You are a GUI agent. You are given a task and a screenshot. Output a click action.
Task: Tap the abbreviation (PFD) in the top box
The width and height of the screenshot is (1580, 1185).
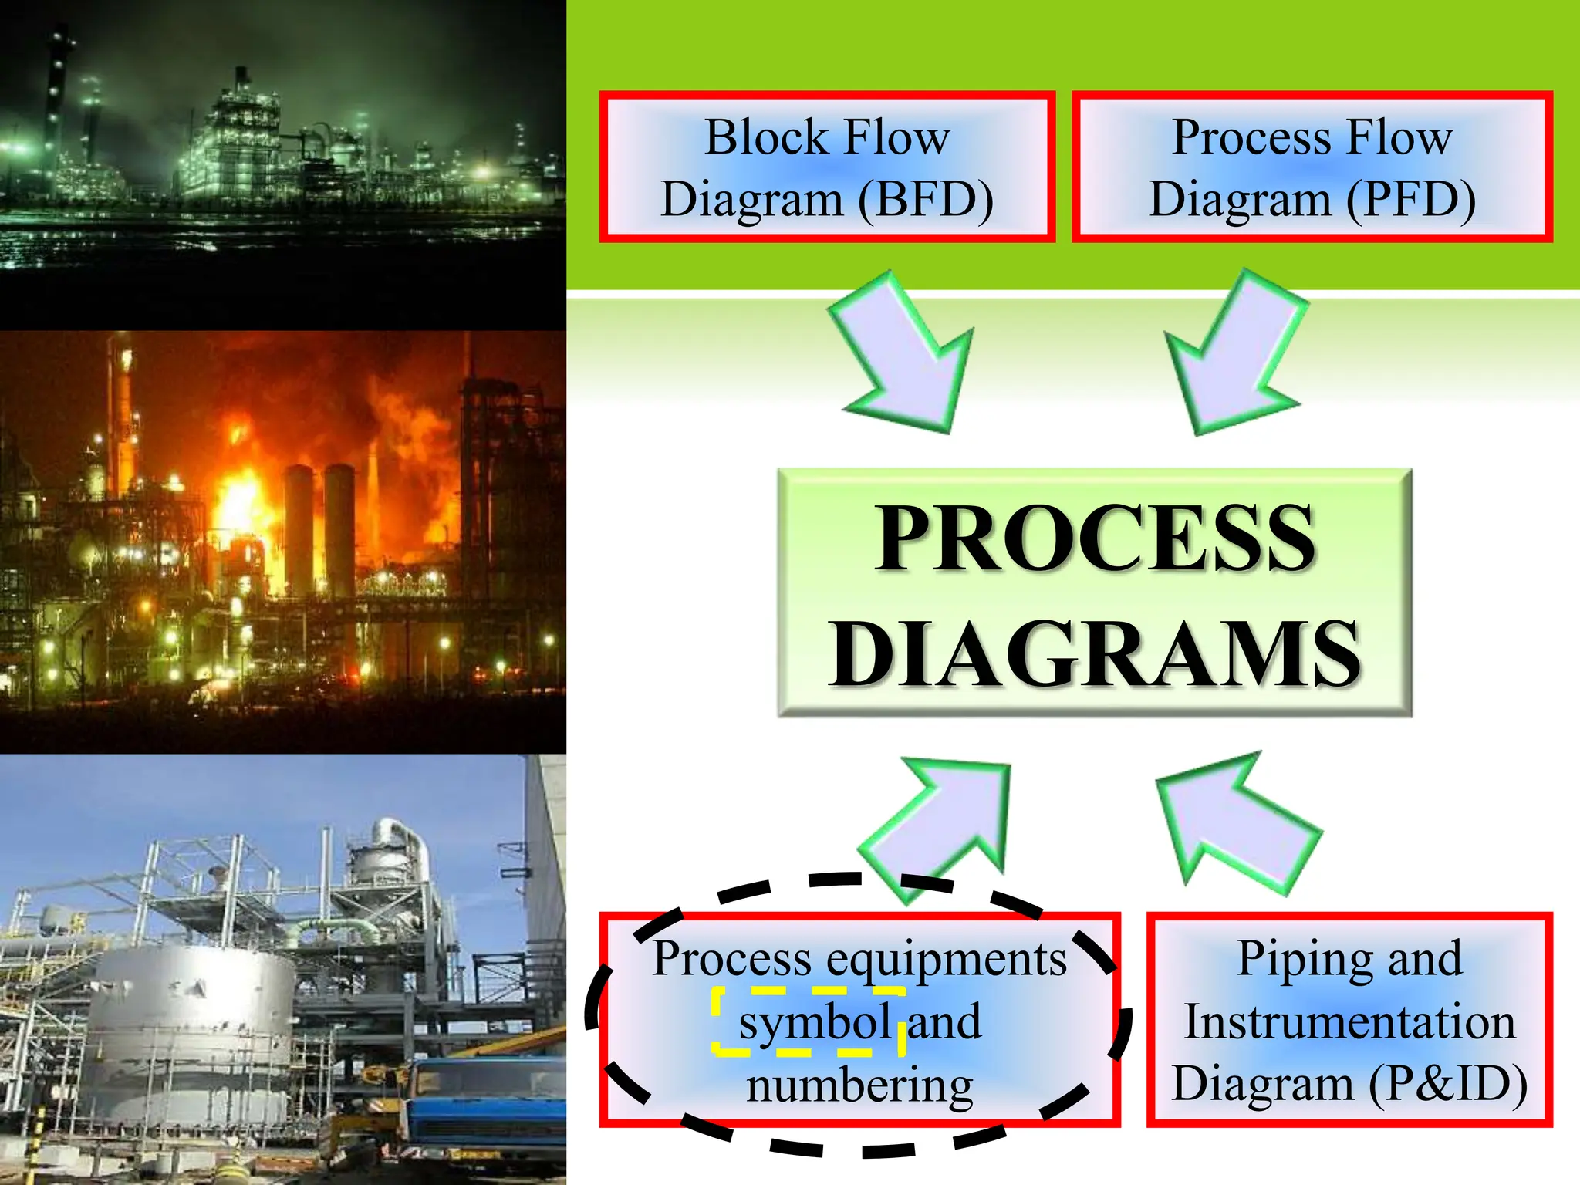[1412, 200]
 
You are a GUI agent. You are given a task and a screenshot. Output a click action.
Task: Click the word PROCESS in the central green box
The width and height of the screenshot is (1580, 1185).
[1095, 538]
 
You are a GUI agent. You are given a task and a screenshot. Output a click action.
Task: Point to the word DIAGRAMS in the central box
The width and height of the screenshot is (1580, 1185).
[1095, 653]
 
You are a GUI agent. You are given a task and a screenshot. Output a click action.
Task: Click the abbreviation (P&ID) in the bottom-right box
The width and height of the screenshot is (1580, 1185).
[1448, 1083]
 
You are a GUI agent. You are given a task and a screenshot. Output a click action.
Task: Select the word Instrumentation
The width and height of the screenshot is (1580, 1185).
[1350, 1021]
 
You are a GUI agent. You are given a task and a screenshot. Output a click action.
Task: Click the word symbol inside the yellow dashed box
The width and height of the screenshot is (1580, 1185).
[815, 1023]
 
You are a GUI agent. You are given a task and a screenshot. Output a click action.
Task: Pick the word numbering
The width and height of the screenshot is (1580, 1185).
[859, 1085]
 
